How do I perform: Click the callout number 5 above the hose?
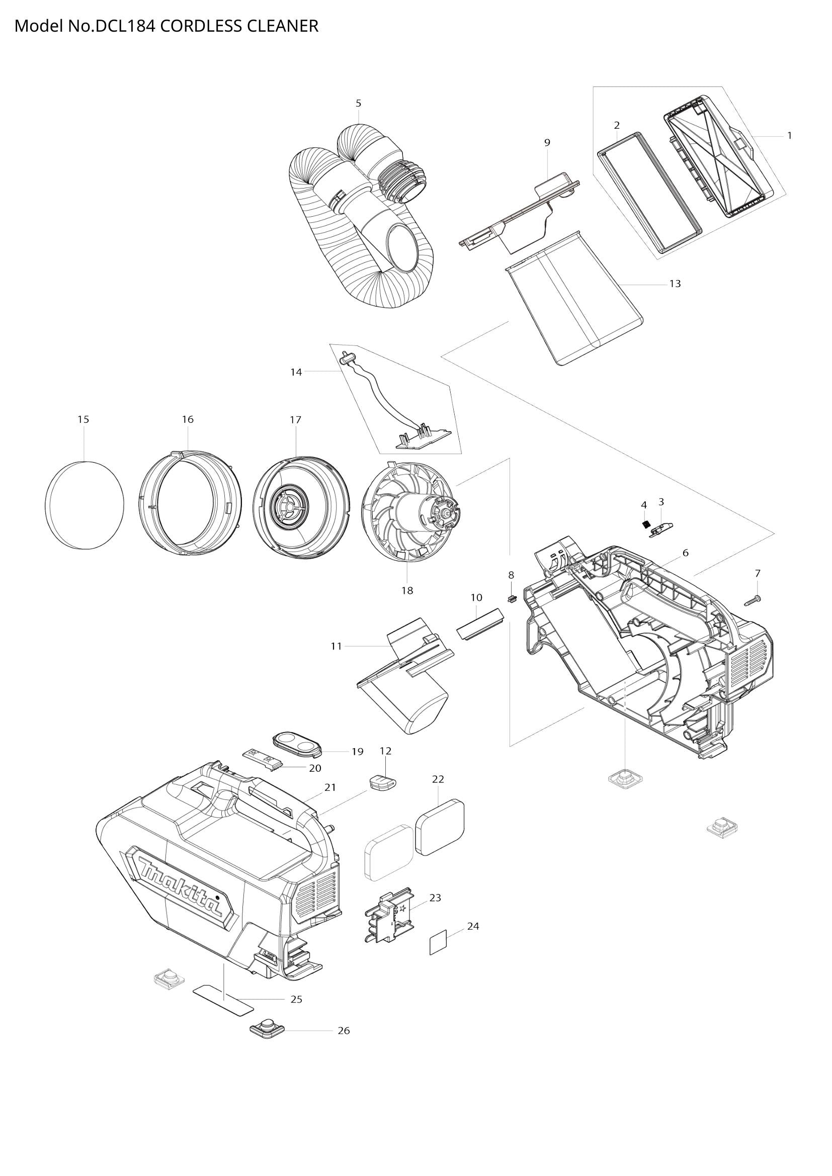[x=358, y=103]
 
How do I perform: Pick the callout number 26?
[x=344, y=1030]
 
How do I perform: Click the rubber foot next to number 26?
[x=267, y=1027]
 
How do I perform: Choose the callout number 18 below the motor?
[x=407, y=591]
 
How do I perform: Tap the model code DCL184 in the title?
[x=125, y=26]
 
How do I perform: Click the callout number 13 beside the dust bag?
[x=675, y=283]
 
